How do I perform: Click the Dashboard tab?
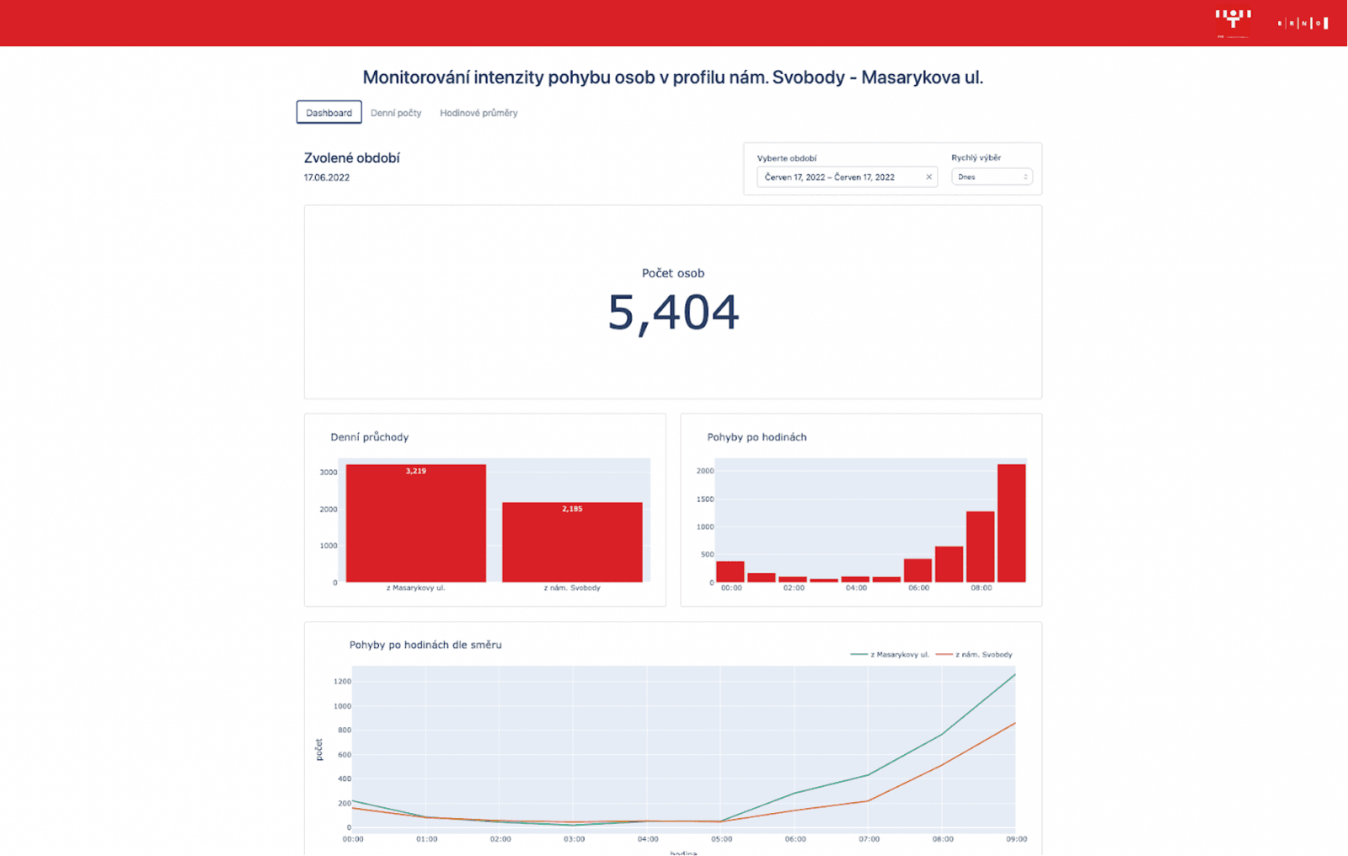(329, 113)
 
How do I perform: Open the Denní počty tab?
(396, 113)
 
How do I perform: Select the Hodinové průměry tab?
(479, 113)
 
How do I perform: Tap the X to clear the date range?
(929, 177)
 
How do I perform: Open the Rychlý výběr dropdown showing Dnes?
(992, 177)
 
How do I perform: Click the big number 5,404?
(673, 313)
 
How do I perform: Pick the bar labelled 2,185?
(572, 542)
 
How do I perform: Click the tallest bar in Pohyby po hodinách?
(1011, 522)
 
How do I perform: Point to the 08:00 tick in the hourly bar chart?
(981, 588)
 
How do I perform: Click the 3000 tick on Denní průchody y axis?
(329, 473)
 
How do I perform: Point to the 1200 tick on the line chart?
(342, 682)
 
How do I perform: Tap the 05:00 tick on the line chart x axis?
(721, 839)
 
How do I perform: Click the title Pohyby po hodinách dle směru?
(425, 645)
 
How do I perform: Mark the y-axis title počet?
(319, 750)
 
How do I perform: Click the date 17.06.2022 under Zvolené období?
(327, 178)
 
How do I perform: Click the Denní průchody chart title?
(369, 437)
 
